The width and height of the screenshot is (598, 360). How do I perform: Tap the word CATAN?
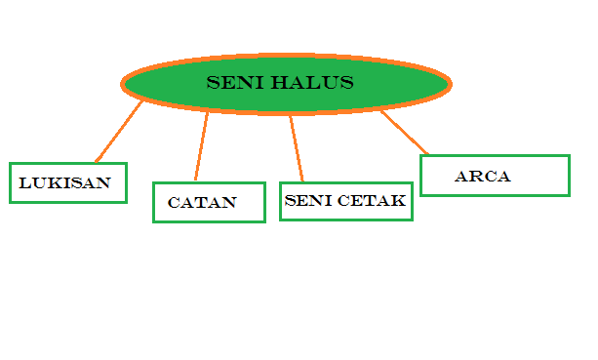pos(202,204)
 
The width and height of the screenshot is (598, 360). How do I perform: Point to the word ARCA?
pos(483,178)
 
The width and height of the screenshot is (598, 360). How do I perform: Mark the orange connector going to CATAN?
pos(201,147)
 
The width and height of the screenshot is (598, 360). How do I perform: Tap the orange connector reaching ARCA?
pos(404,133)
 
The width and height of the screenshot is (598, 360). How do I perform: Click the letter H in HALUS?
pos(281,83)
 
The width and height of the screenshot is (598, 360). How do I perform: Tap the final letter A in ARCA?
pos(503,178)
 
